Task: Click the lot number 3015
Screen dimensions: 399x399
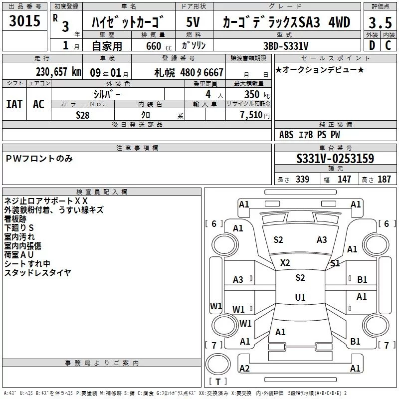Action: [x=24, y=20]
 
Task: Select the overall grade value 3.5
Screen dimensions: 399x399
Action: [x=380, y=22]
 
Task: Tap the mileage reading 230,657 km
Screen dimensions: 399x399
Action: [x=58, y=72]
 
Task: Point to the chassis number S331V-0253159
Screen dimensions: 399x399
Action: [x=335, y=159]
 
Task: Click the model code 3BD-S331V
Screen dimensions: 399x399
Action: [x=286, y=46]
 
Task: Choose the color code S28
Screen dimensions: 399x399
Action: [x=83, y=115]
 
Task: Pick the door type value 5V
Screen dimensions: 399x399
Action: [x=193, y=22]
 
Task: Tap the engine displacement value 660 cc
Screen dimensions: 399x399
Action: [x=159, y=46]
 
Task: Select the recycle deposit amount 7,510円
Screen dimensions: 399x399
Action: [x=255, y=115]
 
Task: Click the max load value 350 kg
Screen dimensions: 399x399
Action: [x=257, y=94]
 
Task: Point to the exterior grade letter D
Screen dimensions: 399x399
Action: [x=372, y=45]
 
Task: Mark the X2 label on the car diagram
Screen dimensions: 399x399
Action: [x=285, y=263]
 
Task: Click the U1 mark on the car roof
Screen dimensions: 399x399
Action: [x=300, y=297]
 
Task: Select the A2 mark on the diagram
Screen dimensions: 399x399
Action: [x=244, y=368]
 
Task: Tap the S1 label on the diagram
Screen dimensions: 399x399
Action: [x=335, y=263]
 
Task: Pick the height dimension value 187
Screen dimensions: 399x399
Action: [x=384, y=179]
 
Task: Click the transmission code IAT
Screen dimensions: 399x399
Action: [x=14, y=104]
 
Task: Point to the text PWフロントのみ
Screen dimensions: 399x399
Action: [x=39, y=159]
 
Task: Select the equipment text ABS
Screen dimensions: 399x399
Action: [x=286, y=135]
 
